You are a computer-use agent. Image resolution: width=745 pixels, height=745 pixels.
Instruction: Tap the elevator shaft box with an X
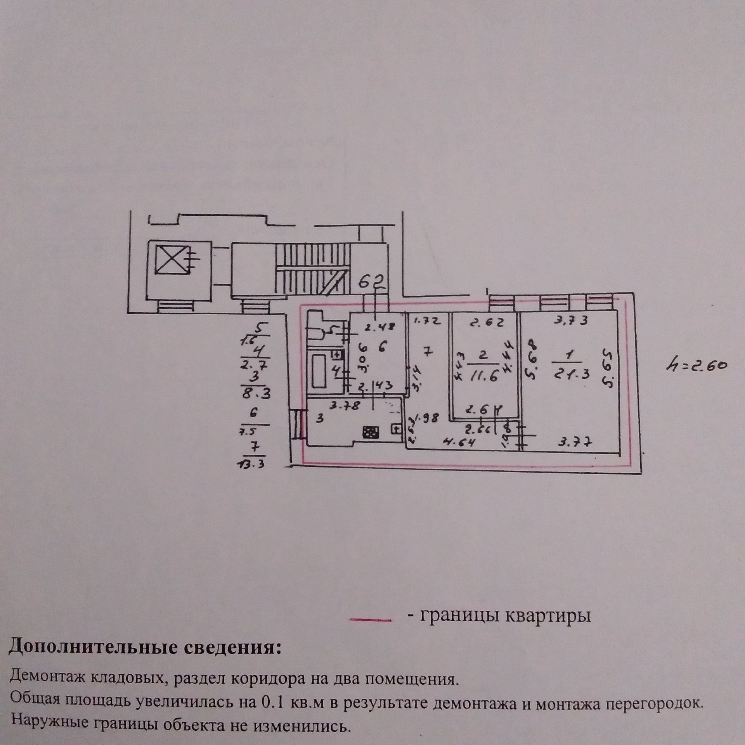[171, 261]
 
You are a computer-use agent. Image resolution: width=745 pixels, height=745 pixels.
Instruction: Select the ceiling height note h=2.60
[694, 367]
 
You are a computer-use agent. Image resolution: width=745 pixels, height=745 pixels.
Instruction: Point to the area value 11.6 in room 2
[483, 376]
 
